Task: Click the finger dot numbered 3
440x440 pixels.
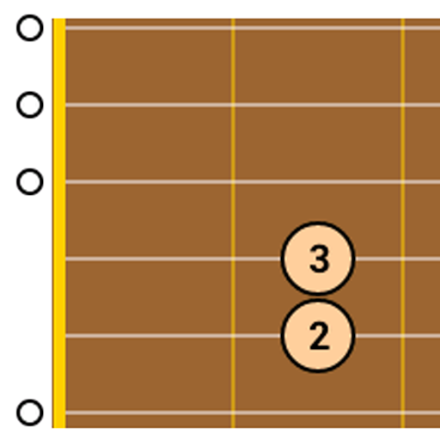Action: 318,259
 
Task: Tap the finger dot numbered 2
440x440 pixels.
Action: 318,335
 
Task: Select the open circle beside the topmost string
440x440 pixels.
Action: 30,27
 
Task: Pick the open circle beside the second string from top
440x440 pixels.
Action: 30,105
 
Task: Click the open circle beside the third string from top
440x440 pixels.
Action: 30,182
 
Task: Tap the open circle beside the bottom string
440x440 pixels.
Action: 30,412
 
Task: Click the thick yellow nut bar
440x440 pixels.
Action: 59,223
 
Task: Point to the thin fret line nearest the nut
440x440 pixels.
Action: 233,223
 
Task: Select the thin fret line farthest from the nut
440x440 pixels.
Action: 403,223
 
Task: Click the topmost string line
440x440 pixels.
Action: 253,27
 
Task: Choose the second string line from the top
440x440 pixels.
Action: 253,105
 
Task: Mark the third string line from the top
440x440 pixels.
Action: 253,182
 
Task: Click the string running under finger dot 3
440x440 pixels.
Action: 173,259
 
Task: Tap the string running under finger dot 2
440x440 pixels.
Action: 173,336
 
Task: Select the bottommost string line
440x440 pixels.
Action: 253,412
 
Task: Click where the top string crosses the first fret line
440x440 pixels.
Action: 233,27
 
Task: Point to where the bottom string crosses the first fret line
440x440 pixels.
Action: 233,412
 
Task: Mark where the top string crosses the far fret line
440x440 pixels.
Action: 403,27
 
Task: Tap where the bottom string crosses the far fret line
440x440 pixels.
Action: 403,412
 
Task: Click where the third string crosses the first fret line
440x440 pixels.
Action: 233,182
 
